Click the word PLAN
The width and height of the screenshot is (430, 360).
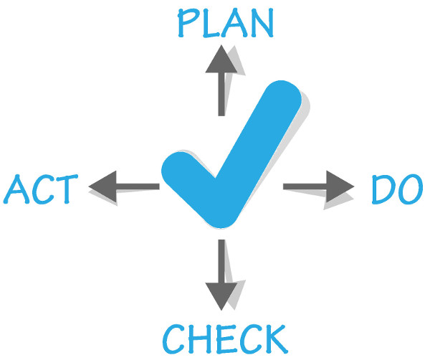pyautogui.click(x=226, y=23)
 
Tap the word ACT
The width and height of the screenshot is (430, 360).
pyautogui.click(x=41, y=189)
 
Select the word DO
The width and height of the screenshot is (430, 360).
pyautogui.click(x=397, y=189)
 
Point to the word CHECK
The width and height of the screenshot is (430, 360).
pyautogui.click(x=225, y=338)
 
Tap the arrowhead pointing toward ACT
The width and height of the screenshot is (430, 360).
pyautogui.click(x=102, y=186)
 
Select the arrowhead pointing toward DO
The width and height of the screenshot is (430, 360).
pyautogui.click(x=340, y=186)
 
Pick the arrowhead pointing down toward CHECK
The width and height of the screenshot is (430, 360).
pyautogui.click(x=221, y=297)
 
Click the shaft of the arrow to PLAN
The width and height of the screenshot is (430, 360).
pyautogui.click(x=221, y=95)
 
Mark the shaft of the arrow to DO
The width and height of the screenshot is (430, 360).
pyautogui.click(x=305, y=186)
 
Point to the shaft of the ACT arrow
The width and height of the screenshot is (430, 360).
pyautogui.click(x=138, y=186)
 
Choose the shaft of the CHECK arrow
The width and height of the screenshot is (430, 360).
pyautogui.click(x=221, y=261)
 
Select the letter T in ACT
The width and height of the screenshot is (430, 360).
pyautogui.click(x=67, y=189)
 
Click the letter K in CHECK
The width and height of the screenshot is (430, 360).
pyautogui.click(x=276, y=339)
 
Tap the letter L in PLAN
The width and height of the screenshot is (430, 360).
pyautogui.click(x=211, y=24)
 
